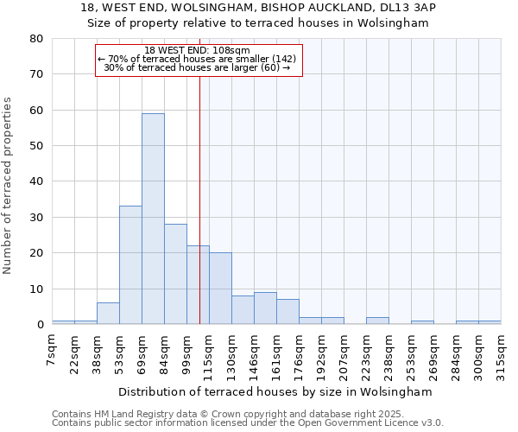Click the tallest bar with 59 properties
[x=153, y=219]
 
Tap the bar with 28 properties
[x=175, y=274]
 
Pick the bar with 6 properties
[x=108, y=314]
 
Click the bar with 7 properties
[x=287, y=312]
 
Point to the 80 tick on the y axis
[x=37, y=39]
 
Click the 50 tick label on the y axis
[x=37, y=146]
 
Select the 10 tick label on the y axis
[x=37, y=289]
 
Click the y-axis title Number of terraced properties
[x=8, y=186]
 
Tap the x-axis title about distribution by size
[x=275, y=391]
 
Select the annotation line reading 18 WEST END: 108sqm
[x=198, y=50]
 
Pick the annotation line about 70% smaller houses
[x=198, y=59]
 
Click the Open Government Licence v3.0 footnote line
[x=248, y=423]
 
